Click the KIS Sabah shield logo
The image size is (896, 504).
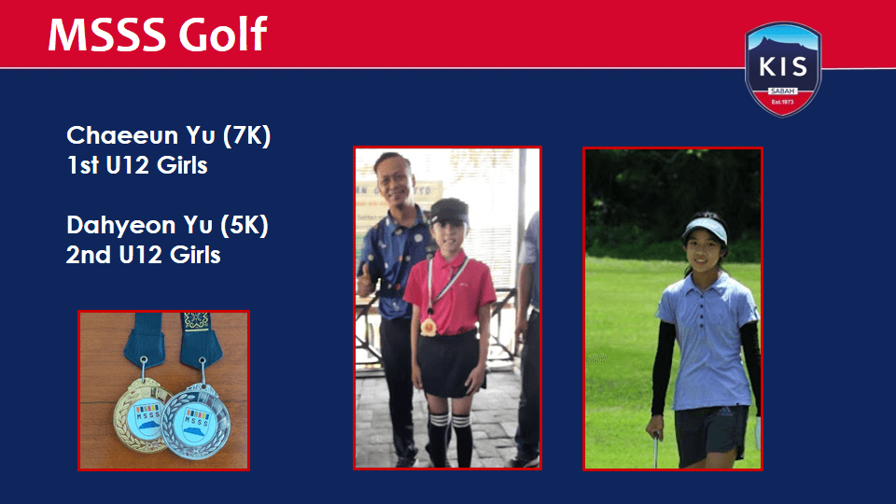(x=783, y=69)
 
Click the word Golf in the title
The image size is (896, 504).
(x=223, y=35)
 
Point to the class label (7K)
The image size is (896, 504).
(x=246, y=136)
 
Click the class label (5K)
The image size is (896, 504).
(x=244, y=225)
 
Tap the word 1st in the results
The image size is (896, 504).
(x=82, y=166)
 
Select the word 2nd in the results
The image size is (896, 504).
(x=89, y=255)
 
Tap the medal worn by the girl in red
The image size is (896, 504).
(x=428, y=327)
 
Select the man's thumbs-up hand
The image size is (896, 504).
(x=366, y=281)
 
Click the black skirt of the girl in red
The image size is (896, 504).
(x=447, y=363)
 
